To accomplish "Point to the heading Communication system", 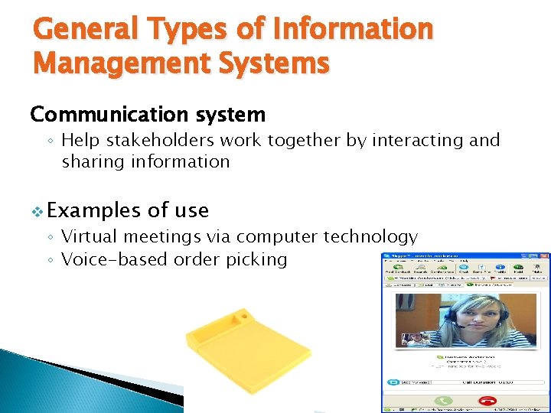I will (148, 115).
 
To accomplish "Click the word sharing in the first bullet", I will (96, 162).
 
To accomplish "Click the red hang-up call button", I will (486, 401).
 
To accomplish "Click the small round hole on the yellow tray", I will (243, 314).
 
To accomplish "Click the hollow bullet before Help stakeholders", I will (49, 141).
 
